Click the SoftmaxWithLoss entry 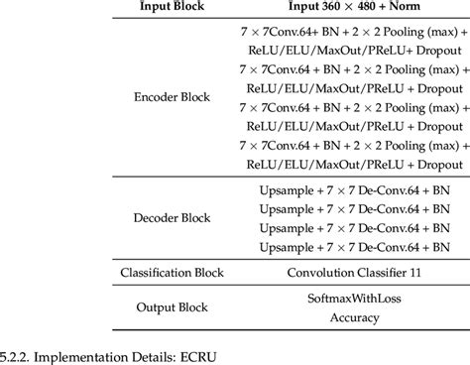[x=345, y=298]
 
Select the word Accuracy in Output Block [x=345, y=319]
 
